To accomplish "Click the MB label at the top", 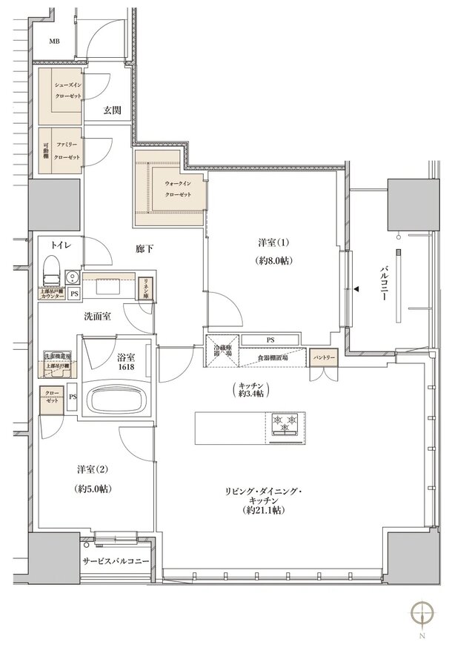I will [x=55, y=41].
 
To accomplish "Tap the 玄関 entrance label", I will [x=112, y=110].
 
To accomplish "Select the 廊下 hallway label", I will [x=144, y=249].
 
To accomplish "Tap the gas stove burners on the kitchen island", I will [x=285, y=423].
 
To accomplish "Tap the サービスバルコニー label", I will [x=116, y=561].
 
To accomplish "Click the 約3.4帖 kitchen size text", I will [x=251, y=393].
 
